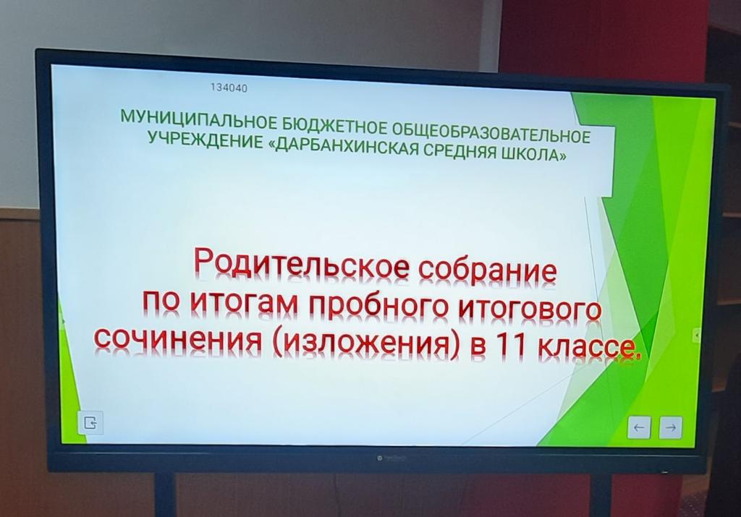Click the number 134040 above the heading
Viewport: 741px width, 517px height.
[229, 87]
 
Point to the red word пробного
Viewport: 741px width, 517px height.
[378, 305]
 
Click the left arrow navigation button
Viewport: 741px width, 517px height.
[639, 428]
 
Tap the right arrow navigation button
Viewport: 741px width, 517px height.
[671, 428]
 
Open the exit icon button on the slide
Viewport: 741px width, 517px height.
[90, 422]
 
